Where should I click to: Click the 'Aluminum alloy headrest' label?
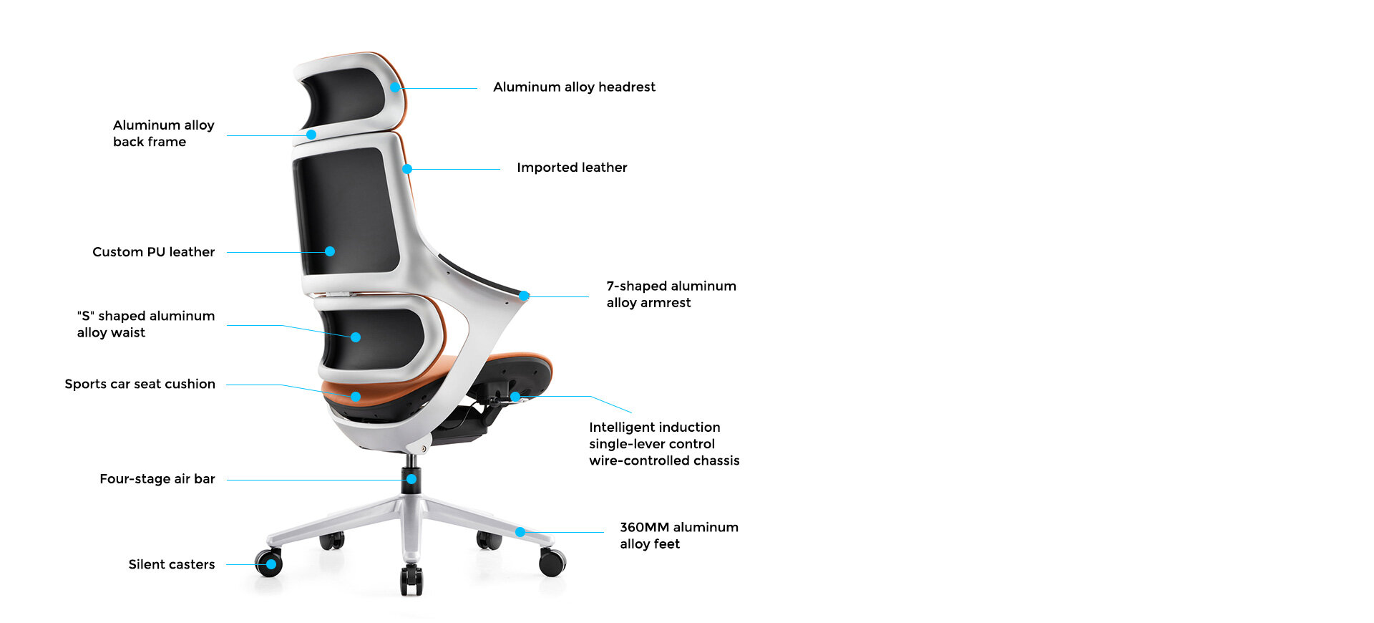tap(574, 87)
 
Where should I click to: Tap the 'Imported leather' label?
tap(572, 168)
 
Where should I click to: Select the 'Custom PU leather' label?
tap(153, 252)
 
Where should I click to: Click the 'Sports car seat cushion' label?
tap(140, 384)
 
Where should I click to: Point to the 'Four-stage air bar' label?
tap(157, 479)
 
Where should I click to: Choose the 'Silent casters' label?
tap(172, 564)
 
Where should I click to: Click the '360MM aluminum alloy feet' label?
tap(679, 536)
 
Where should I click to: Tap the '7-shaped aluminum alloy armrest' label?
tap(671, 294)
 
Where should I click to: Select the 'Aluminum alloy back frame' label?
tap(164, 133)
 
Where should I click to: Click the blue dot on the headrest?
tap(395, 87)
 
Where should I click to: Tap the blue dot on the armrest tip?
tap(525, 296)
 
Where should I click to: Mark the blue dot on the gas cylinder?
tap(411, 479)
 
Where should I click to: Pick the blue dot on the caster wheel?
tap(271, 564)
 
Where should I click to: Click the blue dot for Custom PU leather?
tap(330, 251)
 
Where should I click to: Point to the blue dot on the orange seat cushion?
tap(356, 397)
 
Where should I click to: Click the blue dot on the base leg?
tap(520, 532)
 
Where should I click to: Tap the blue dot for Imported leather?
tap(407, 169)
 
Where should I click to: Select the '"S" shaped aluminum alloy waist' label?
tap(146, 324)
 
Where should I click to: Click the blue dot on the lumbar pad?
tap(356, 337)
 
